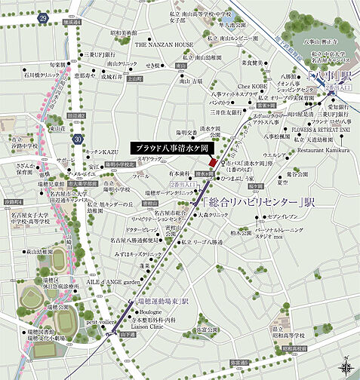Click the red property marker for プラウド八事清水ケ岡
coord(213,164)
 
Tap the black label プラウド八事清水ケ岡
coord(168,148)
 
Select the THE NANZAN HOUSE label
coord(164,44)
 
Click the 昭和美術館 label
coord(124,33)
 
